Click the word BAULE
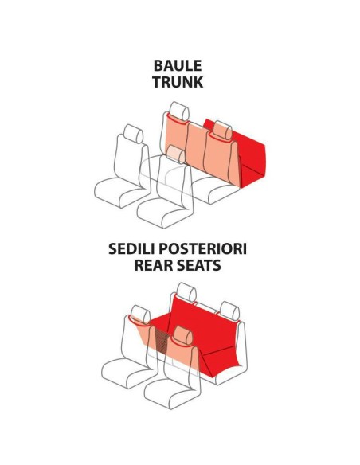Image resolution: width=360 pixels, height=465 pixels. pyautogui.click(x=178, y=65)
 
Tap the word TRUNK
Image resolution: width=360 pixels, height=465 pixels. pyautogui.click(x=178, y=82)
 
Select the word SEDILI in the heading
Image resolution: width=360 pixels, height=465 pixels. pyautogui.click(x=131, y=248)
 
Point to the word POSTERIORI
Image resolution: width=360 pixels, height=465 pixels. pyautogui.click(x=202, y=248)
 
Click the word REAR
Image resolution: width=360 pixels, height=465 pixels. pyautogui.click(x=153, y=265)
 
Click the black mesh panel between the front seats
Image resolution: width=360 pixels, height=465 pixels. pyautogui.click(x=162, y=339)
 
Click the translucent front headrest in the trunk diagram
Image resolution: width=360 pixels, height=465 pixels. pyautogui.click(x=175, y=154)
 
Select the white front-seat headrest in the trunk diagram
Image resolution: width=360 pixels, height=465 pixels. pyautogui.click(x=134, y=134)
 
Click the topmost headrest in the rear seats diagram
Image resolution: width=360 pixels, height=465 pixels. pyautogui.click(x=186, y=292)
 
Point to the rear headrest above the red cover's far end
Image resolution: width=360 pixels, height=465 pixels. pyautogui.click(x=230, y=311)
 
